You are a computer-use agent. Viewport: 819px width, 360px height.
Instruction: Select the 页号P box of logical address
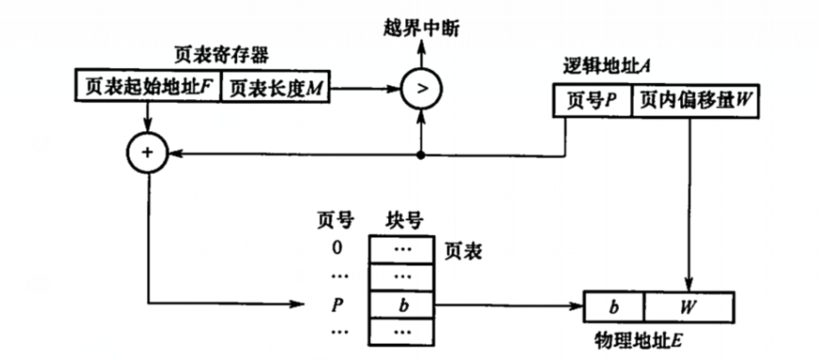(590, 101)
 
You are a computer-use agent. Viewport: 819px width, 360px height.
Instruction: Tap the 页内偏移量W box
(695, 101)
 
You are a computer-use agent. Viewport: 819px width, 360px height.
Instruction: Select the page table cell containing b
(402, 304)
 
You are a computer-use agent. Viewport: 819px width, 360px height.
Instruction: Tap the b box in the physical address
(614, 307)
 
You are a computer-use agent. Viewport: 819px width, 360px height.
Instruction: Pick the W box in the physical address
(689, 307)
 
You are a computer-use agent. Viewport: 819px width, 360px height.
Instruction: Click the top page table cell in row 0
(402, 249)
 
